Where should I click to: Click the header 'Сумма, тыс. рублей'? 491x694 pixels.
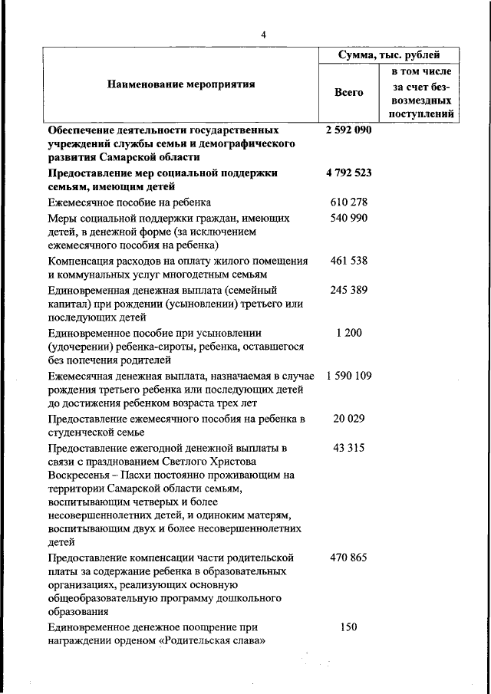click(x=389, y=55)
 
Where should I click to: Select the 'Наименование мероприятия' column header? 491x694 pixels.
click(x=180, y=84)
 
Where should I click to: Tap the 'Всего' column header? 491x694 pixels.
click(x=349, y=92)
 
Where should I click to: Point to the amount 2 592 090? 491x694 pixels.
click(x=348, y=130)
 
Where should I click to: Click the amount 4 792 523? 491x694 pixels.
click(x=348, y=173)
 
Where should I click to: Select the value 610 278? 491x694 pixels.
click(x=348, y=202)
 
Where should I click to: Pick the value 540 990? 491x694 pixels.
click(x=348, y=219)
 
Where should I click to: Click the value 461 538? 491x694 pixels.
click(x=348, y=261)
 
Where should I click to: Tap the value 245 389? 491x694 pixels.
click(x=348, y=291)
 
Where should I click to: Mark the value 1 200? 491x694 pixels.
click(x=348, y=334)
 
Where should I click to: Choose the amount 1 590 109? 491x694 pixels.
click(x=348, y=377)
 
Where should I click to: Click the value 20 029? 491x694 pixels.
click(x=348, y=419)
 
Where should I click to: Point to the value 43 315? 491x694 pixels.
click(x=348, y=448)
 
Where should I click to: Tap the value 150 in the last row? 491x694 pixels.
click(x=348, y=627)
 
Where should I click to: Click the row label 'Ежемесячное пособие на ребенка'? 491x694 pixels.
click(x=129, y=203)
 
